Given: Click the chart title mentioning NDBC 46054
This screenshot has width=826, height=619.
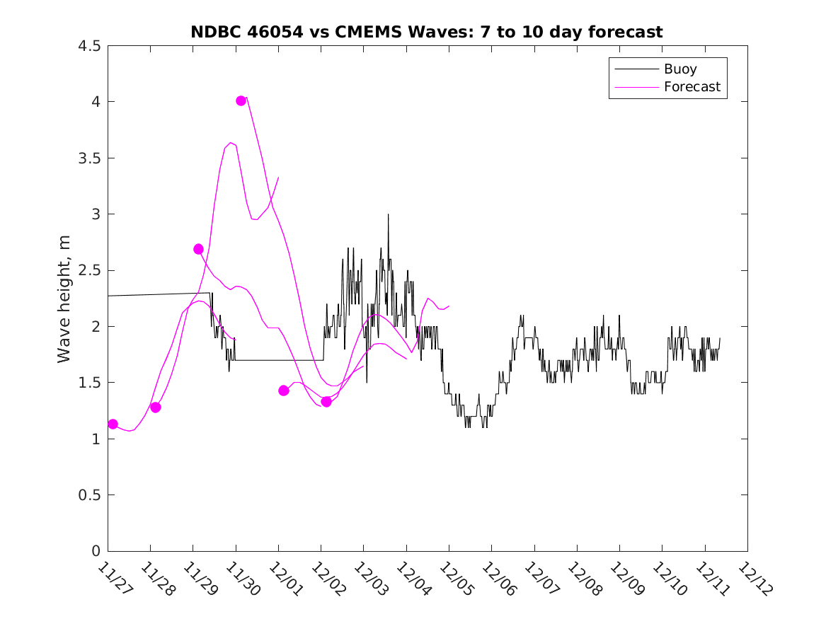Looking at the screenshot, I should [426, 32].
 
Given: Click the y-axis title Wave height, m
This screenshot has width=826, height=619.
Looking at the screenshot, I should [64, 298].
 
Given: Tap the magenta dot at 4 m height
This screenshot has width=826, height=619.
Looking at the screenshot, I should [241, 100].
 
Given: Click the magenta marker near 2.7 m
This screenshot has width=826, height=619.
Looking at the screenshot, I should [198, 249].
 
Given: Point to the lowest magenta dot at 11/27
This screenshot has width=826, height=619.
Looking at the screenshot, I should [113, 424].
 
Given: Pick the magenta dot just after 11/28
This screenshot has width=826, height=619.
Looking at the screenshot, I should [156, 407].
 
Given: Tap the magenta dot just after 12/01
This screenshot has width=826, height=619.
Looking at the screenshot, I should [284, 391].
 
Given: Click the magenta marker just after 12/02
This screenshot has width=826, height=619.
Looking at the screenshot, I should [326, 402].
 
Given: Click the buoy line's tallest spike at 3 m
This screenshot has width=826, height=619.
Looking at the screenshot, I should [388, 214].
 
